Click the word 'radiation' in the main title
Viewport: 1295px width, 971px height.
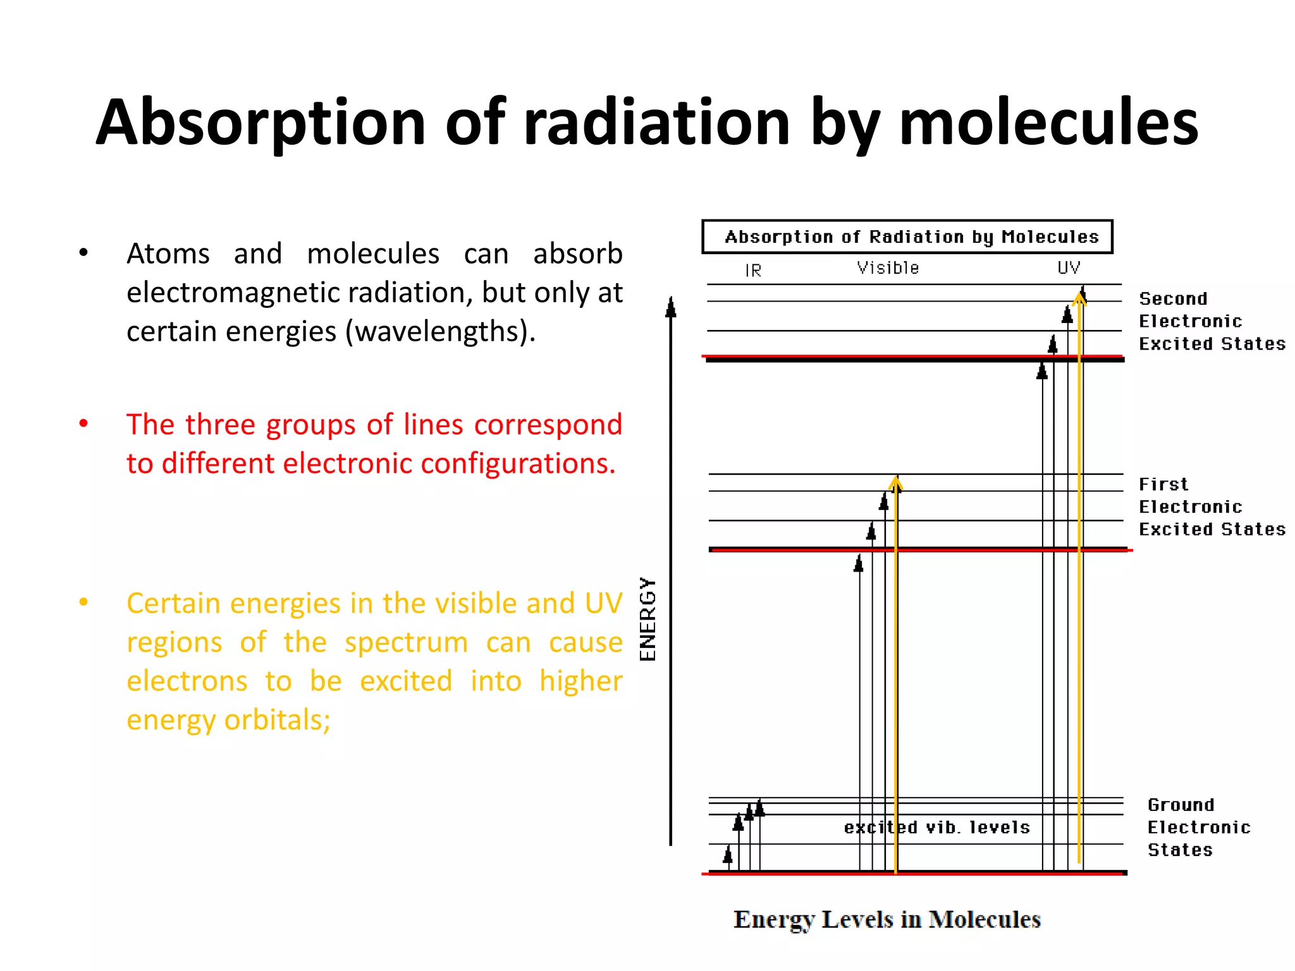click(x=656, y=123)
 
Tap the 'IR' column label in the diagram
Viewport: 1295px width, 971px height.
click(x=752, y=271)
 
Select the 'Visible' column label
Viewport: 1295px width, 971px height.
click(x=888, y=268)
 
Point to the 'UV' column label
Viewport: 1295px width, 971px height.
click(x=1069, y=268)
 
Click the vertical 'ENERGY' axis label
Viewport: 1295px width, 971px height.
click(x=648, y=620)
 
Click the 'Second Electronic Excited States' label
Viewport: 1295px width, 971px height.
click(x=1211, y=321)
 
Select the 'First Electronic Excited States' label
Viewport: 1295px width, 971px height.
click(x=1211, y=507)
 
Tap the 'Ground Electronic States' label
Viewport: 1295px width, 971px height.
click(x=1198, y=827)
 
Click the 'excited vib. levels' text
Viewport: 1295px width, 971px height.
click(x=936, y=827)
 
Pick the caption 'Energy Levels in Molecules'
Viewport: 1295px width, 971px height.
click(x=887, y=919)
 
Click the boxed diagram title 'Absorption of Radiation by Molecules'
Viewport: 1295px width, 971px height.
click(x=911, y=237)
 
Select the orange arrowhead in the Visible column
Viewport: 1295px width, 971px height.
click(x=895, y=485)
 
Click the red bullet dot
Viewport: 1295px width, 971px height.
click(x=83, y=424)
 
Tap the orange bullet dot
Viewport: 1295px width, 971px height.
click(x=83, y=602)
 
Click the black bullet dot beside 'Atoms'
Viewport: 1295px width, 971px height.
click(x=83, y=253)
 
